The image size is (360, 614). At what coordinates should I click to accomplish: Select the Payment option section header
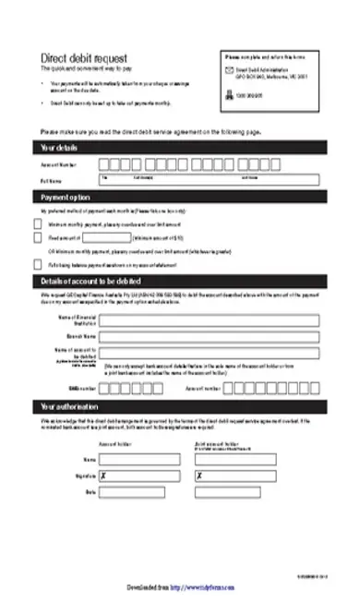(x=65, y=198)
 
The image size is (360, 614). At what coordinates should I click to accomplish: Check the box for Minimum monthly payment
(x=37, y=223)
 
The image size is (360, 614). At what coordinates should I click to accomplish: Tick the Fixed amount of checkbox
(x=37, y=237)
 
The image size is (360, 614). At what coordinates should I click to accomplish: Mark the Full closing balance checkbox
(x=37, y=264)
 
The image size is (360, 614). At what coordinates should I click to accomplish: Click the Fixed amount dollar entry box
(x=107, y=237)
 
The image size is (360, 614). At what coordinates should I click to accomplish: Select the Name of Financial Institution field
(x=211, y=320)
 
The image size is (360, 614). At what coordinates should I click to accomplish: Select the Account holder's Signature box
(x=133, y=475)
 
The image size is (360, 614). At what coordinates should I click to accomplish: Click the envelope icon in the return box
(x=229, y=70)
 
